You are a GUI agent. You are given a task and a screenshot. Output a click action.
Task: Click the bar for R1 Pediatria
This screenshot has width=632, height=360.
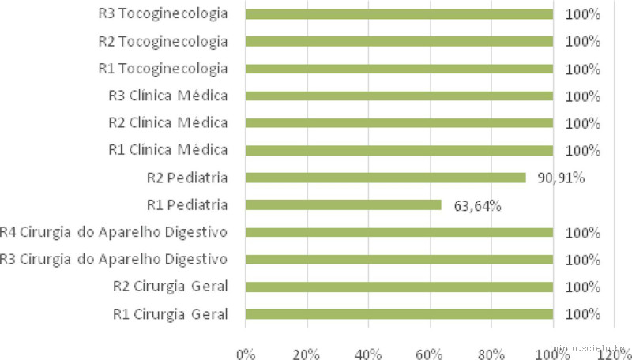[344, 205]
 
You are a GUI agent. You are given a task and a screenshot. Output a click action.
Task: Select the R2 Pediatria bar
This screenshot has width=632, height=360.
[386, 178]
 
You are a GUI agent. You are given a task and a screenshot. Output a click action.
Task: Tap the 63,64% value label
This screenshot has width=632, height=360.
[478, 206]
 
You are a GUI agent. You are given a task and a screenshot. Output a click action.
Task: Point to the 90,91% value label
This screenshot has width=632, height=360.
[562, 178]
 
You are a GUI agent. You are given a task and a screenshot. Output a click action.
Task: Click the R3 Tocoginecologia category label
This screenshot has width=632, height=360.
[164, 14]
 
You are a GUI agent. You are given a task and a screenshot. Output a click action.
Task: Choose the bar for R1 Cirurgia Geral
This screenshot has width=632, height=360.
[399, 314]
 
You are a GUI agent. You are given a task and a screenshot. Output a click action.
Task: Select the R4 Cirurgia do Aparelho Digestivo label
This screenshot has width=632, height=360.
[114, 232]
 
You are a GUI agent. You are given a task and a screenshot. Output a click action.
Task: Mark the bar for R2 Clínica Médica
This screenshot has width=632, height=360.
[399, 123]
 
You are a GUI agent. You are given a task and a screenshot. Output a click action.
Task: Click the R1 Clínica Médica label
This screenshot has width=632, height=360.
[168, 150]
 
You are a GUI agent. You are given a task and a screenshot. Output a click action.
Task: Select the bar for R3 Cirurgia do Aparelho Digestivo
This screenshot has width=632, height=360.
[399, 260]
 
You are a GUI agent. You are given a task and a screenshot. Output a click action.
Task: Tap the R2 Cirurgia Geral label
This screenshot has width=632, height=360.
[171, 287]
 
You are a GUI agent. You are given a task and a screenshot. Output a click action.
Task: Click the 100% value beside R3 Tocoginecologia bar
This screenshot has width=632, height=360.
[584, 14]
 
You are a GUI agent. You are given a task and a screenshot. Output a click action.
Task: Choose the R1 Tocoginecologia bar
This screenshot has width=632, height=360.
[399, 69]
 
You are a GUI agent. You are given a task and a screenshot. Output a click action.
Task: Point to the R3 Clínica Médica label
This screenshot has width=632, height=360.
[168, 96]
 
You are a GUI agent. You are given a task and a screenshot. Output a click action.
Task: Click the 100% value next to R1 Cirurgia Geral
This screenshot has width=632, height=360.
[584, 314]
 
